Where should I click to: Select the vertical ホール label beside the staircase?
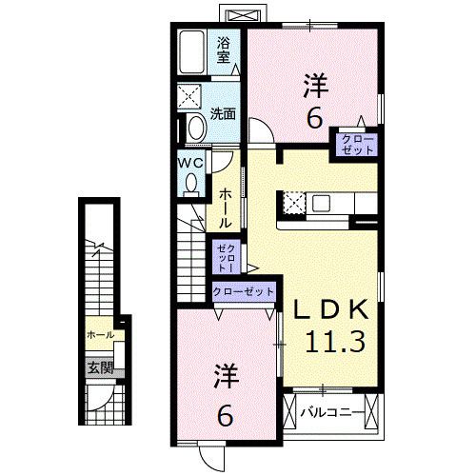(x=225, y=206)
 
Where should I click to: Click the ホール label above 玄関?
(x=99, y=335)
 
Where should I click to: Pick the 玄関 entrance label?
(x=99, y=367)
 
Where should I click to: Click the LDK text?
(x=329, y=311)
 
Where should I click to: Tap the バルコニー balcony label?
(x=331, y=413)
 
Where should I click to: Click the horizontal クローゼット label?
(x=244, y=291)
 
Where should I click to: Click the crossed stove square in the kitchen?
(x=293, y=203)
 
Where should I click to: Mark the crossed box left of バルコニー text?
(x=291, y=412)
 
